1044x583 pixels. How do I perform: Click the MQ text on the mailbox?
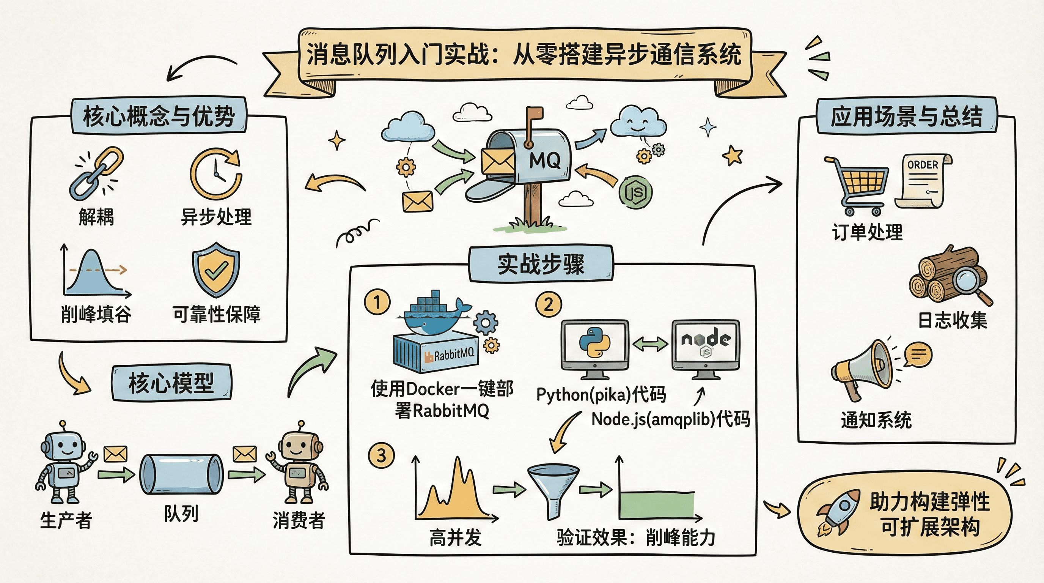point(545,161)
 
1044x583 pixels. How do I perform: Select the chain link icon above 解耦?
point(96,173)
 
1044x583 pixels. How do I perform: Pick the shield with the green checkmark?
point(216,269)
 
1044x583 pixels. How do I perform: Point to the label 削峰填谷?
point(96,314)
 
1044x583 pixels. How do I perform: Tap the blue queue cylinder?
point(181,474)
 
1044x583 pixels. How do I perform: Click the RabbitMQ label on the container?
point(453,355)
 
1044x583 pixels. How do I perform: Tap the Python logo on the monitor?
point(594,343)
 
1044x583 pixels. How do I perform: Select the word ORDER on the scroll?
point(923,165)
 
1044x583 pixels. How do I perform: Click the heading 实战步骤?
point(541,264)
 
